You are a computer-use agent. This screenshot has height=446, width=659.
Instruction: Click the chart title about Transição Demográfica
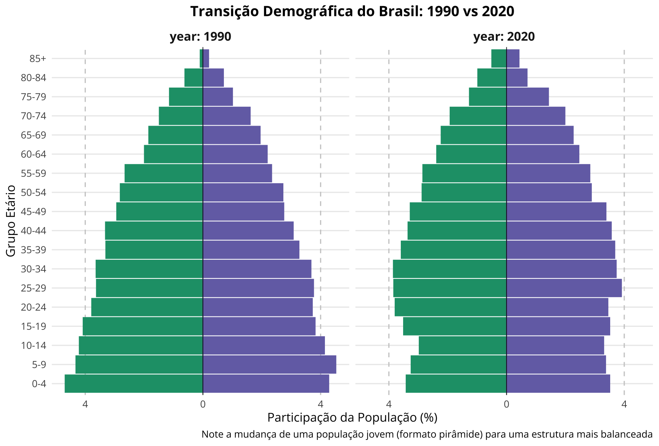pyautogui.click(x=352, y=11)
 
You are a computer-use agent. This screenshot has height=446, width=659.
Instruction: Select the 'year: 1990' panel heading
pyautogui.click(x=200, y=37)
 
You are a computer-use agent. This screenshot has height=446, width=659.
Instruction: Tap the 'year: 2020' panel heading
pyautogui.click(x=504, y=37)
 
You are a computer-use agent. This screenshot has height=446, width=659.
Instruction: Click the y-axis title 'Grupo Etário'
pyautogui.click(x=11, y=221)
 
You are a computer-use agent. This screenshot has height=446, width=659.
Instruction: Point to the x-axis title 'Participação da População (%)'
pyautogui.click(x=352, y=417)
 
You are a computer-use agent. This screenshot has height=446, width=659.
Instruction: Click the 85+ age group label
pyautogui.click(x=38, y=59)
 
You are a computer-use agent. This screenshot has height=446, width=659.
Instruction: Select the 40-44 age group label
pyautogui.click(x=34, y=231)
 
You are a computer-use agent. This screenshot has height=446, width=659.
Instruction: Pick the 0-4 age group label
pyautogui.click(x=39, y=384)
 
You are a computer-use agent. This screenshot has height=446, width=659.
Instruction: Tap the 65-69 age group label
pyautogui.click(x=34, y=135)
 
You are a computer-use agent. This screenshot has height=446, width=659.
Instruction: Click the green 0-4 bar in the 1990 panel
pyautogui.click(x=133, y=384)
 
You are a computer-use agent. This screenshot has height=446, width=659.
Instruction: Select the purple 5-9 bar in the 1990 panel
pyautogui.click(x=269, y=364)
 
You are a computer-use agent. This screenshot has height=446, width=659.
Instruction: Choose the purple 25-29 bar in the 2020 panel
pyautogui.click(x=564, y=288)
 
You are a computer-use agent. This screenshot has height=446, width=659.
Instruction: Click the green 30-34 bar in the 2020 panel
pyautogui.click(x=450, y=269)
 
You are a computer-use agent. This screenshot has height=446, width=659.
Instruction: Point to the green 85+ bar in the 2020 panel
pyautogui.click(x=499, y=59)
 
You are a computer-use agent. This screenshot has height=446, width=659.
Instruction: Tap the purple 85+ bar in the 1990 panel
pyautogui.click(x=206, y=59)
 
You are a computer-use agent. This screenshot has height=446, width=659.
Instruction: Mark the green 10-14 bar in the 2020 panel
pyautogui.click(x=463, y=345)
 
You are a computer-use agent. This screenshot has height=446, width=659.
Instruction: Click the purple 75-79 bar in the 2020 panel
pyautogui.click(x=527, y=97)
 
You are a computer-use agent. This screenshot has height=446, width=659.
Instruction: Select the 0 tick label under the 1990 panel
pyautogui.click(x=203, y=404)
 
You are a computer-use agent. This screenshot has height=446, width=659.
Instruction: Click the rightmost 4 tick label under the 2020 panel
pyautogui.click(x=624, y=404)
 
